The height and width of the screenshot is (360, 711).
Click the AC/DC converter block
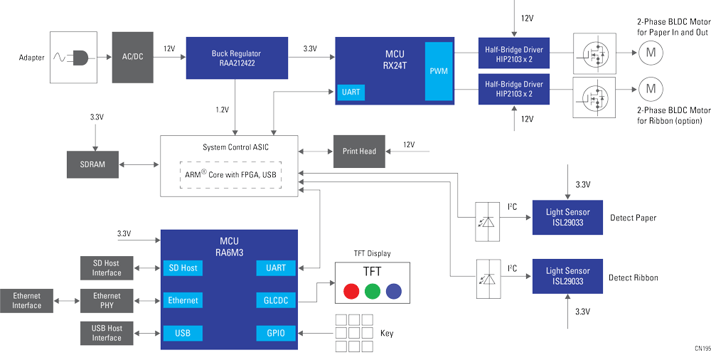pyautogui.click(x=132, y=56)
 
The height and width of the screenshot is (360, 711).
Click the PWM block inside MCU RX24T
pyautogui.click(x=438, y=71)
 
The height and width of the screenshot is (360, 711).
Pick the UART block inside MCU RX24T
pyautogui.click(x=351, y=92)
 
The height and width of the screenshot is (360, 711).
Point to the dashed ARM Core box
pyautogui.click(x=230, y=175)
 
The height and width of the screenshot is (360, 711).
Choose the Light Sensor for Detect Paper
pyautogui.click(x=567, y=217)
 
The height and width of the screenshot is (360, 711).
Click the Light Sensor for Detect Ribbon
pyautogui.click(x=567, y=276)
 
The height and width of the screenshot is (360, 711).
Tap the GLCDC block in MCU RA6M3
pyautogui.click(x=275, y=300)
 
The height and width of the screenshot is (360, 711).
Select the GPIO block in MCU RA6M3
pyautogui.click(x=275, y=332)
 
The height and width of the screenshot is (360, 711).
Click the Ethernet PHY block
pyautogui.click(x=107, y=300)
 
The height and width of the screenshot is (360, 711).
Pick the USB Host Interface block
pyautogui.click(x=107, y=333)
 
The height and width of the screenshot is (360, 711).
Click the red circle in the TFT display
pyautogui.click(x=351, y=291)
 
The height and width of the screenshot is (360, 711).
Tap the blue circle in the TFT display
pyautogui.click(x=393, y=291)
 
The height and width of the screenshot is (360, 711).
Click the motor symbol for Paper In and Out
pyautogui.click(x=648, y=51)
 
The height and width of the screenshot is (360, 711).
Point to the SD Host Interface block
pyautogui.click(x=107, y=268)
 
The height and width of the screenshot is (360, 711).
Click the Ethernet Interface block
pyautogui.click(x=26, y=300)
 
